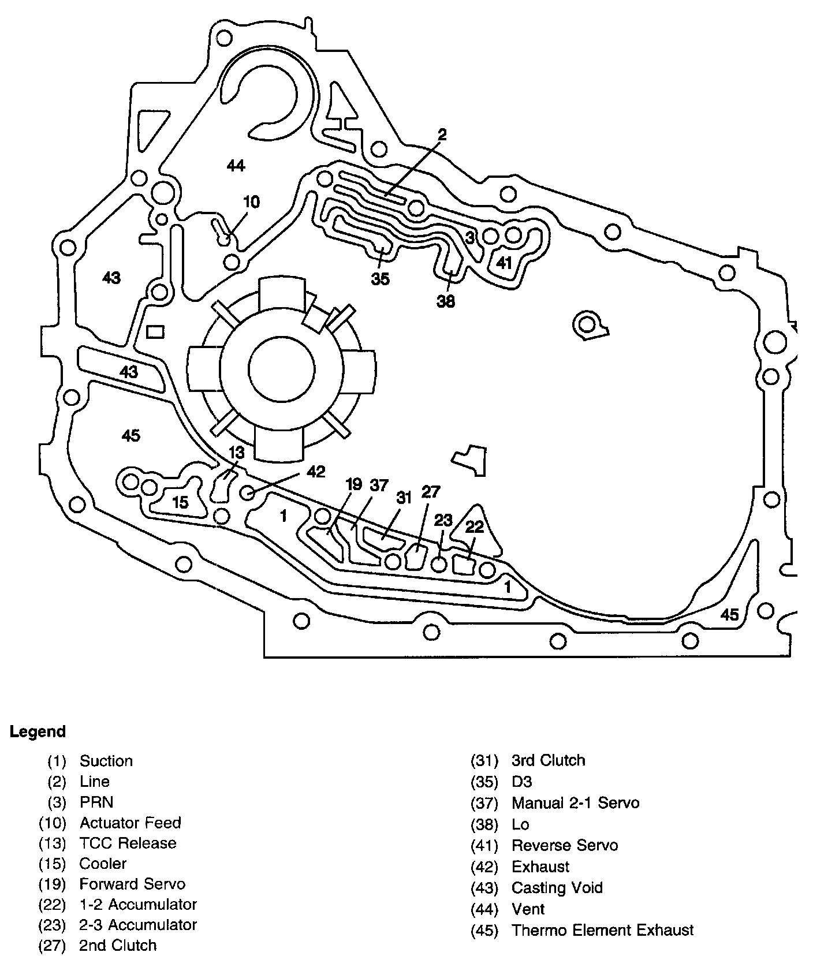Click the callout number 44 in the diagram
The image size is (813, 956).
pos(236,166)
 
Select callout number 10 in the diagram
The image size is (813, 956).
pos(251,202)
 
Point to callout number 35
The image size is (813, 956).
pos(380,279)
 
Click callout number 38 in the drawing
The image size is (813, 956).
pos(446,301)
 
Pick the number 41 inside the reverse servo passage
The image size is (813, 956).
pos(504,263)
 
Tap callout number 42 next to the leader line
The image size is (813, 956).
pos(315,472)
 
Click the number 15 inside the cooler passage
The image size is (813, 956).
pos(181,502)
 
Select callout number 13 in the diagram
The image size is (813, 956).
pos(236,453)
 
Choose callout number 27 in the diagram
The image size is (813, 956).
pos(431,492)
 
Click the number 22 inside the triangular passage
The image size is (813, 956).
pos(474,526)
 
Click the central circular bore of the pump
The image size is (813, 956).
pos(282,368)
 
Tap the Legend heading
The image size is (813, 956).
pos(38,732)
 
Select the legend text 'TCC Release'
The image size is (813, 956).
pos(128,843)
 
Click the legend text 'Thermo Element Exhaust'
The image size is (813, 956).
pos(602,930)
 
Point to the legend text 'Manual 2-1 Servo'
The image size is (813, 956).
pos(575,803)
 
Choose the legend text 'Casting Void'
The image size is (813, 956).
pos(557,888)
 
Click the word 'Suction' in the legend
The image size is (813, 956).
pos(106,761)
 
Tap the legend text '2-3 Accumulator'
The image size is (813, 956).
pos(138,925)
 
